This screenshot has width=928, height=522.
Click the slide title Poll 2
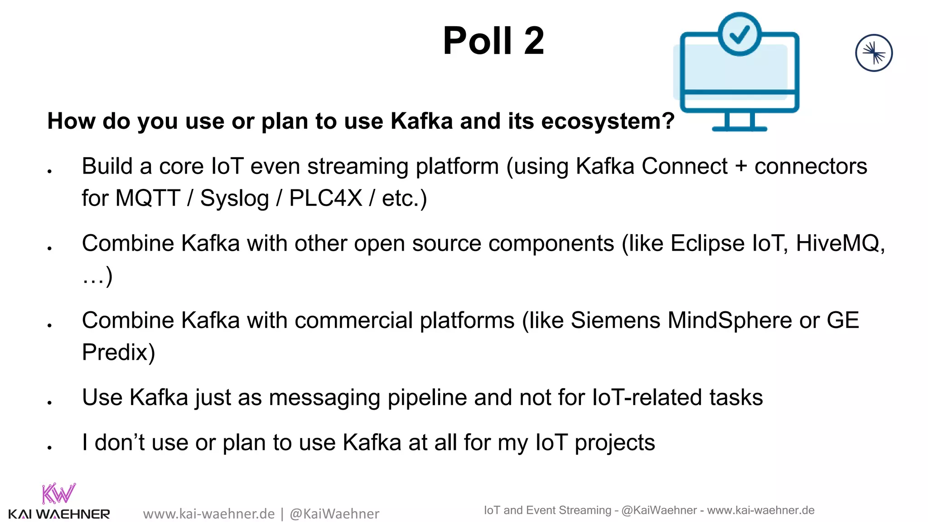tap(493, 41)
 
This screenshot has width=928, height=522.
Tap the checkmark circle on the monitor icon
tap(739, 34)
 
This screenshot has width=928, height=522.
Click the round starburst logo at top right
tap(874, 53)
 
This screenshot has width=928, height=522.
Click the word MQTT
tap(148, 198)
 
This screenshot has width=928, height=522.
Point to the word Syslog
tap(234, 198)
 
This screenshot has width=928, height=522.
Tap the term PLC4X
tap(325, 198)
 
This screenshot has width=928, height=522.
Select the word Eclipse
tap(707, 244)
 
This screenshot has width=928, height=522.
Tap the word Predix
tap(118, 353)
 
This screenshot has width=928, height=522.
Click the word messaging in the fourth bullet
tap(324, 398)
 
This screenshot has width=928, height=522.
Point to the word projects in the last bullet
tap(614, 443)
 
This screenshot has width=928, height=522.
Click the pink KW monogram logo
tap(58, 494)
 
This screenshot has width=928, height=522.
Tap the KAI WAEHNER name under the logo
tap(59, 514)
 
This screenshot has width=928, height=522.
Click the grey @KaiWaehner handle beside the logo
tap(334, 514)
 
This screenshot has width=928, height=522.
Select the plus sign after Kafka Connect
tap(741, 166)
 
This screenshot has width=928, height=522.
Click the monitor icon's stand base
tap(739, 129)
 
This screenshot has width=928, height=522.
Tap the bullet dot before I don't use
tap(50, 448)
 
